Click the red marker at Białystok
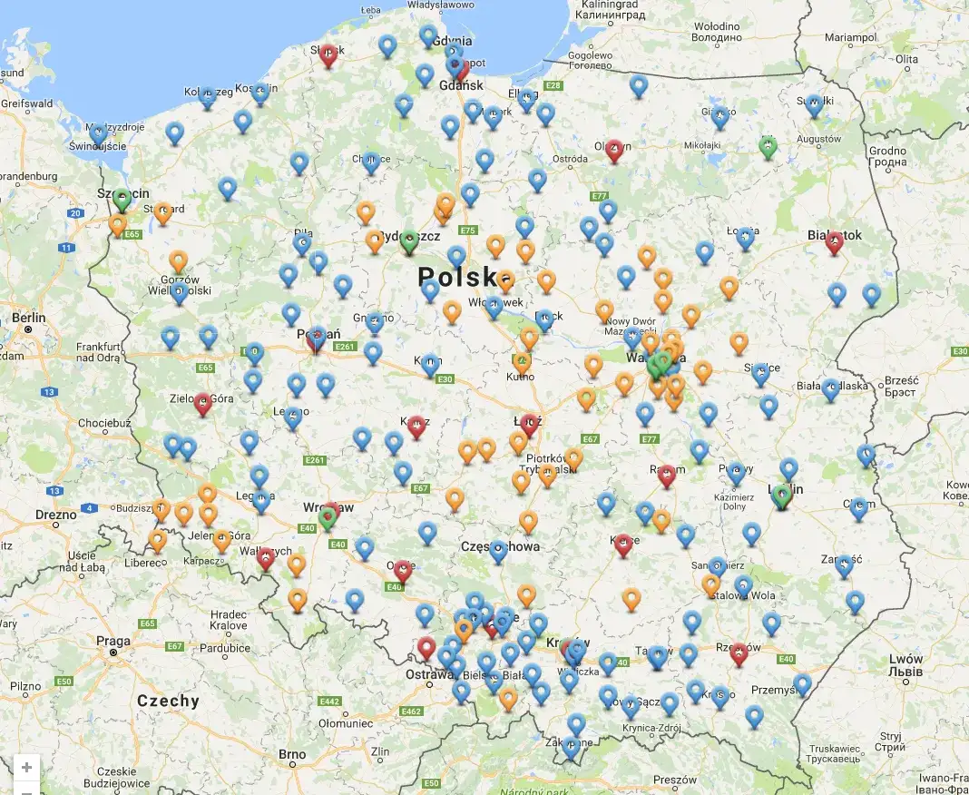(834, 241)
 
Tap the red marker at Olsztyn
(614, 150)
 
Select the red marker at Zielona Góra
(203, 403)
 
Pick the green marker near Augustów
(768, 147)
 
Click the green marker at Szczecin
(121, 199)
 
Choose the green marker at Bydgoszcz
(409, 240)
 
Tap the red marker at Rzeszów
(739, 653)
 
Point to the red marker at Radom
(667, 475)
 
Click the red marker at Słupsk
(329, 55)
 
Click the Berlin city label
(30, 318)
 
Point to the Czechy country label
(168, 701)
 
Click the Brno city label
(292, 754)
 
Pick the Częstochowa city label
(501, 546)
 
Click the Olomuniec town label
(344, 723)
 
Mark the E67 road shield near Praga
(175, 646)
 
